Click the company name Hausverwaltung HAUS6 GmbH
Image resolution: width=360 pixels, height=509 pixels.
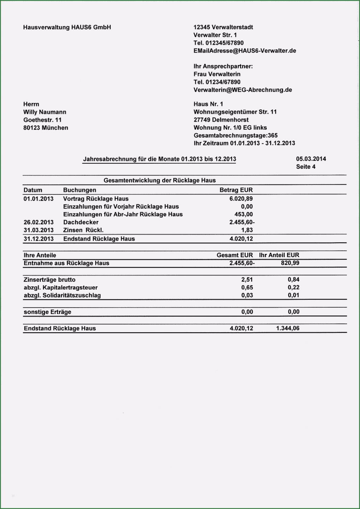coord(67,27)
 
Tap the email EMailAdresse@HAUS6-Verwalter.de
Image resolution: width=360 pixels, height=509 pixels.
coord(245,51)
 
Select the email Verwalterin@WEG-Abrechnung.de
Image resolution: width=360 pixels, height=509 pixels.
coord(242,90)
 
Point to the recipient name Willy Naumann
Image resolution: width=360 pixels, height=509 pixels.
coord(45,112)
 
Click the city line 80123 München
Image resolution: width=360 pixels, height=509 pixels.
coord(46,128)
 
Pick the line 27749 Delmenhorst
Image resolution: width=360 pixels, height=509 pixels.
coord(221,120)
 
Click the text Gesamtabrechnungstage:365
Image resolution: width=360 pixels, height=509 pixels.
coord(235,135)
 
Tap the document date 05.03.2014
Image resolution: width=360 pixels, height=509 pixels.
coord(311,159)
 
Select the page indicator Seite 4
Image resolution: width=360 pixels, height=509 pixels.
coord(306,167)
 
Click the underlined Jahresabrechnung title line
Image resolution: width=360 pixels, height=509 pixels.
coord(160,159)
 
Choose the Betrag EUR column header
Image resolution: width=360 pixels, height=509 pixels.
coord(236,190)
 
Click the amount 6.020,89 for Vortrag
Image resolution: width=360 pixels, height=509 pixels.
coord(241,199)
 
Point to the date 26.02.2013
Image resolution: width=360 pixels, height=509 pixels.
coord(38,222)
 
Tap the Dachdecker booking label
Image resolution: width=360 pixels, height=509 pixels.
coord(81,222)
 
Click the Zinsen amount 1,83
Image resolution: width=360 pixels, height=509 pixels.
coord(247,230)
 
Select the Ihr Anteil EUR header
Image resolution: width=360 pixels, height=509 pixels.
coord(279,255)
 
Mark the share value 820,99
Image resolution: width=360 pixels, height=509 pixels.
coord(290,263)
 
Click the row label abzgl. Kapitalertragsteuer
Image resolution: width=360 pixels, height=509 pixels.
coord(61,287)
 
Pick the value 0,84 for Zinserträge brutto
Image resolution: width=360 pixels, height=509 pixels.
coord(293,280)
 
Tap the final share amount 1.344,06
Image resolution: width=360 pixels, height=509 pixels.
coord(288,328)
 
